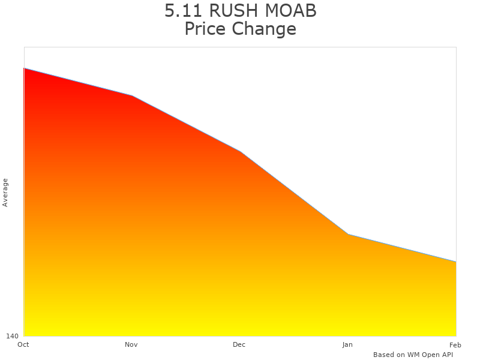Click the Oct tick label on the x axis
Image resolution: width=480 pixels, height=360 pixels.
[23, 344]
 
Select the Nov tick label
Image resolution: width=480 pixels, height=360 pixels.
[131, 344]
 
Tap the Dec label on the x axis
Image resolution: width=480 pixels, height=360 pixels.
[239, 344]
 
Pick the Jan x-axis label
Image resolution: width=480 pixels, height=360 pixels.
[347, 344]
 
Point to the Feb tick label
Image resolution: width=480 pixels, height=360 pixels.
[455, 344]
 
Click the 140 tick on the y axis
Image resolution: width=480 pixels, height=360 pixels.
[13, 336]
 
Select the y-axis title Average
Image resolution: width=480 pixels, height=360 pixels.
[5, 193]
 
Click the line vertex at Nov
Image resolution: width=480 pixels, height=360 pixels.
[132, 96]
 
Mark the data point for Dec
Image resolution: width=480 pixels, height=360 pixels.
[240, 151]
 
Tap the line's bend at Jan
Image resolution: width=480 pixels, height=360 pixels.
[348, 234]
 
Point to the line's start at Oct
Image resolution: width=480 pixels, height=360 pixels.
[24, 68]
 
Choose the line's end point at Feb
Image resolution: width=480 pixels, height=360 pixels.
[456, 262]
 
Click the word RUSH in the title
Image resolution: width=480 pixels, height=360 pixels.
[235, 11]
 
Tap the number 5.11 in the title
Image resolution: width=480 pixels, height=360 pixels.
[183, 11]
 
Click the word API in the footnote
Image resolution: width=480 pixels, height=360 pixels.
[445, 355]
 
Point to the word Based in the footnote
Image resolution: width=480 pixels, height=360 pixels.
[383, 355]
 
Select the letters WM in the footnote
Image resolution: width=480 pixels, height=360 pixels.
[413, 355]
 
